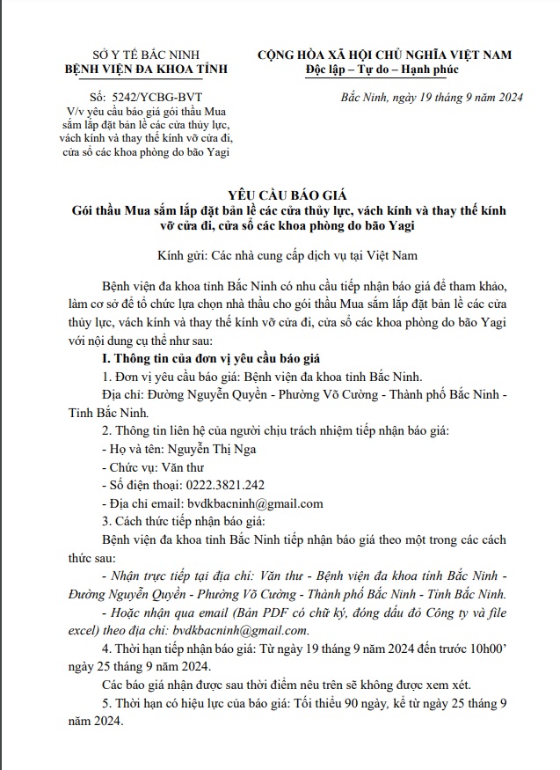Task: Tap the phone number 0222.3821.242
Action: pos(224,485)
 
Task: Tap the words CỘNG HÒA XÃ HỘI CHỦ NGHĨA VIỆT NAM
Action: pos(384,55)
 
